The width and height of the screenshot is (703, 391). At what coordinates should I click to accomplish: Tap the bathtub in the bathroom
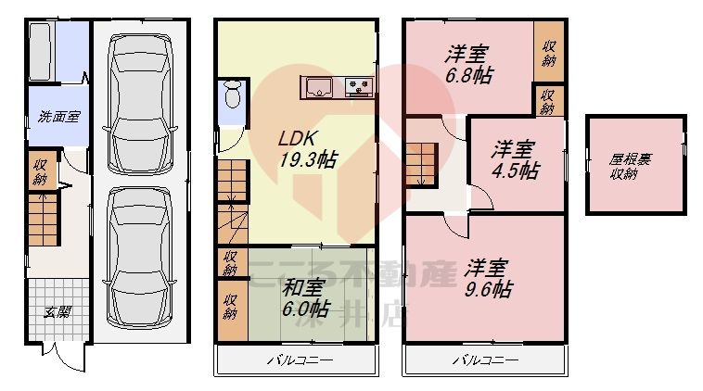click(41, 53)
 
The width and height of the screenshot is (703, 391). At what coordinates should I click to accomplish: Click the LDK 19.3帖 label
click(308, 148)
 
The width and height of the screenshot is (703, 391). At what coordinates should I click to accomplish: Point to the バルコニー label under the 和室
click(300, 359)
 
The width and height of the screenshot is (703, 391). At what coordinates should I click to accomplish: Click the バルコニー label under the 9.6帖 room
click(485, 359)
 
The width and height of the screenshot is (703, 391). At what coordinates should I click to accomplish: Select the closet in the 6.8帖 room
click(549, 52)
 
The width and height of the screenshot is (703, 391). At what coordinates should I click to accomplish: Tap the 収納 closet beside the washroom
click(41, 171)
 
